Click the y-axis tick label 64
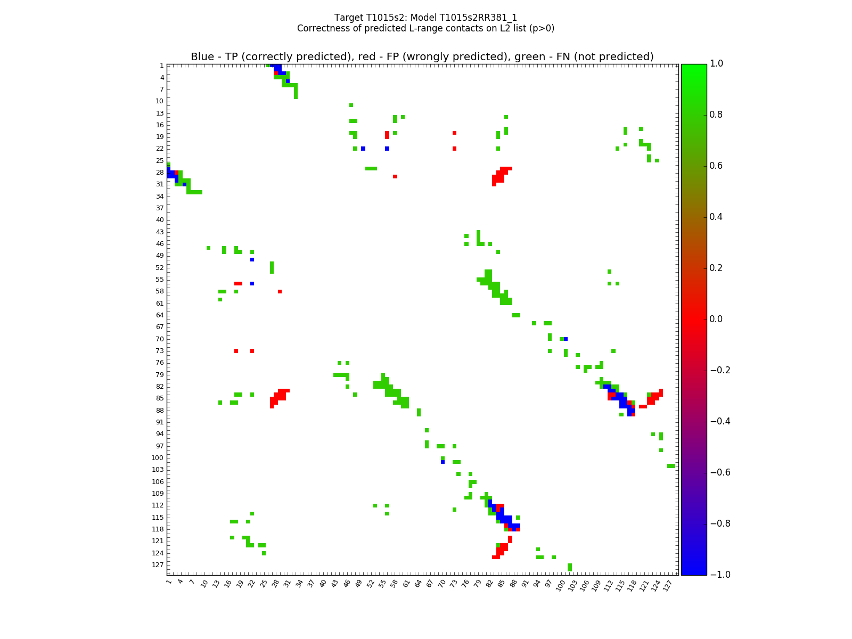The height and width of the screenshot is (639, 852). [159, 315]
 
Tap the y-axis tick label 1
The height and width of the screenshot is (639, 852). [161, 65]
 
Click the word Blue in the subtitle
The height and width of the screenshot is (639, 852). [202, 57]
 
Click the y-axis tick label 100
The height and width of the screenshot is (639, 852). [158, 458]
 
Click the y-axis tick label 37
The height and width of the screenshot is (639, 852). [159, 208]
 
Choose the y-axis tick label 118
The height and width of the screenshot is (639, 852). [158, 529]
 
